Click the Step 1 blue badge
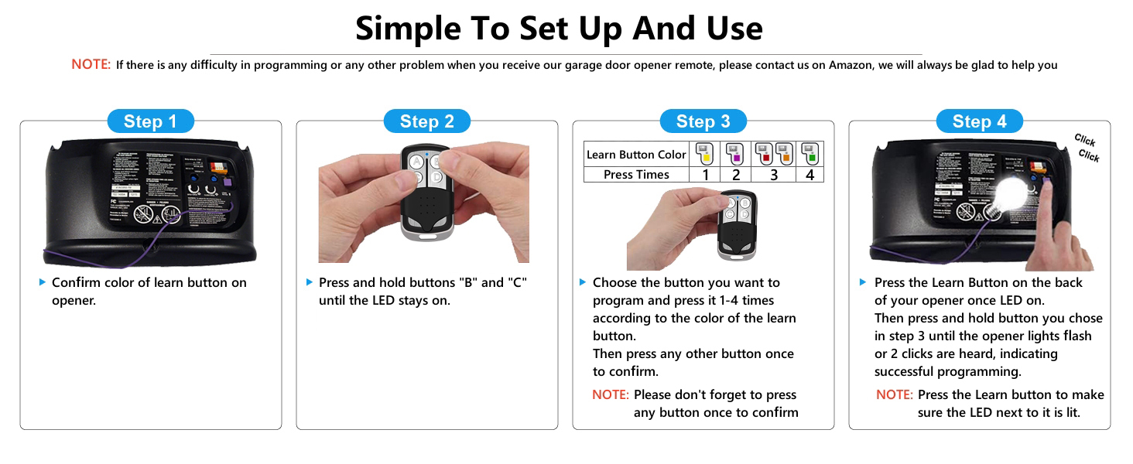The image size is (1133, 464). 150,121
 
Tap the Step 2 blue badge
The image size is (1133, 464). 426,121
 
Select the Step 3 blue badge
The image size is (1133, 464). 703,121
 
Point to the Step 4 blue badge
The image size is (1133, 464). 979,121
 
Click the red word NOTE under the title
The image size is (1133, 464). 91,65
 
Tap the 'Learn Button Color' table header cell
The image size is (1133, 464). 636,155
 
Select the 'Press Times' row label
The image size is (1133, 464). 636,175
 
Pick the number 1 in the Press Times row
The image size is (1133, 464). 705,175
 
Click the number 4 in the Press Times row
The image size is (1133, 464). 810,175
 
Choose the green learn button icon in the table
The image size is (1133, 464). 810,153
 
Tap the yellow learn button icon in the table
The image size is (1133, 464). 705,153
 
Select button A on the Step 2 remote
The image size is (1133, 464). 417,162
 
